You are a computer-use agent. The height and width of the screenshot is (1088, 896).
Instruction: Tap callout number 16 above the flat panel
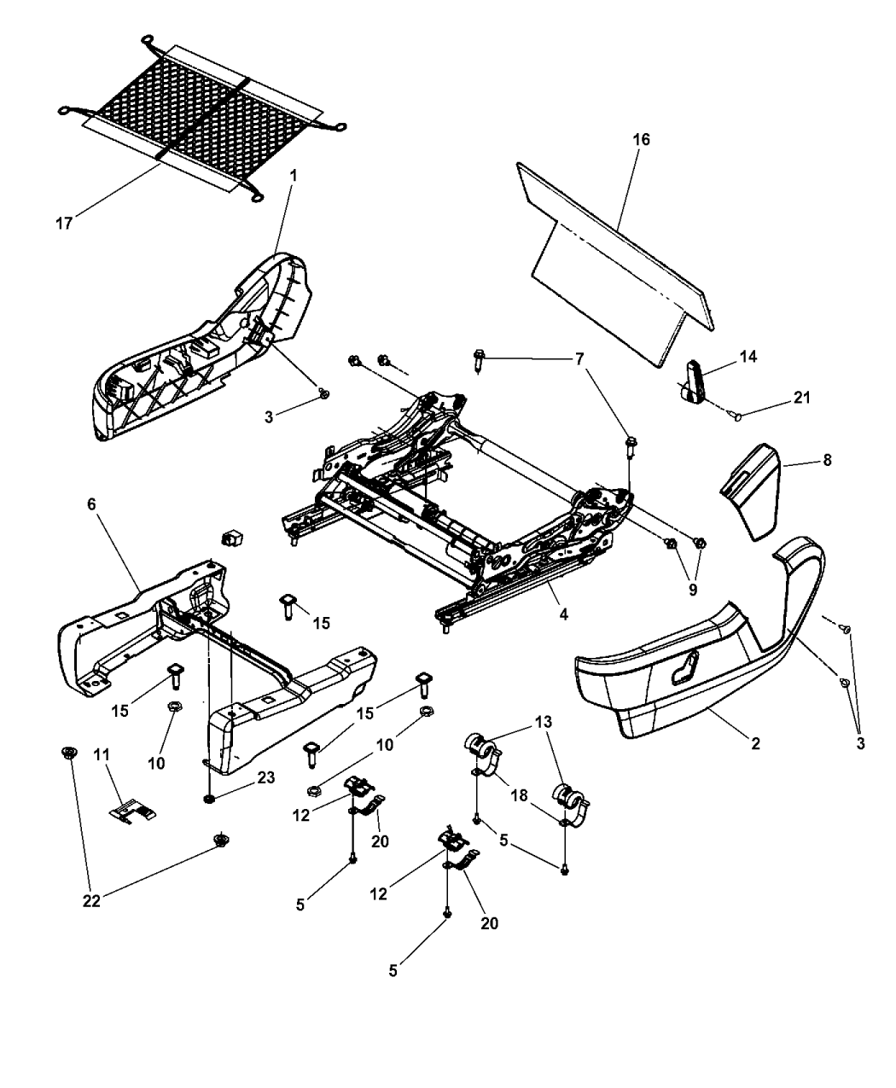click(x=642, y=139)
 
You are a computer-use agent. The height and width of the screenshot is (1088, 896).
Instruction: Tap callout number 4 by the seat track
click(x=562, y=613)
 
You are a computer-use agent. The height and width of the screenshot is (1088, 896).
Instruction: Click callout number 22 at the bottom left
click(x=91, y=901)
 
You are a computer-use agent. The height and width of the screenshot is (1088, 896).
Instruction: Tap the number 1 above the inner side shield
click(x=294, y=174)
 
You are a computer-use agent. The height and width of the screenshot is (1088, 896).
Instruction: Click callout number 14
click(x=748, y=357)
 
